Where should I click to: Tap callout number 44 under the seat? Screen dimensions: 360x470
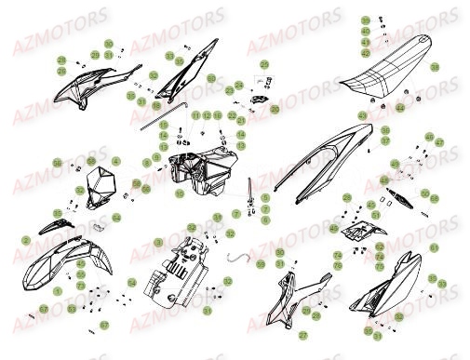click(426, 108)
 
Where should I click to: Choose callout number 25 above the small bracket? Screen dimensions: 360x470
click(263, 64)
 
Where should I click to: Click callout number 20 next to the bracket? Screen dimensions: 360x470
click(275, 109)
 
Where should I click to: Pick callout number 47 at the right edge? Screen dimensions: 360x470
click(440, 143)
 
